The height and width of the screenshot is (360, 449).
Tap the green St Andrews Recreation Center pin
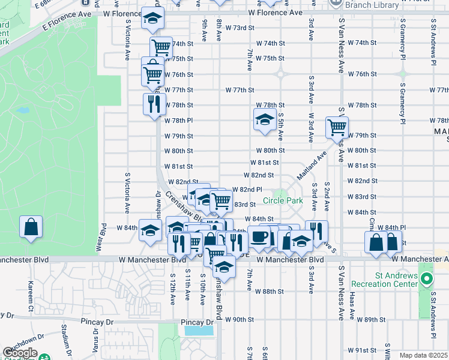coord(427,279)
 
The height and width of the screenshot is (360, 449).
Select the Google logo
coord(20,353)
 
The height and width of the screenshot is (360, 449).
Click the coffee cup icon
coord(259,236)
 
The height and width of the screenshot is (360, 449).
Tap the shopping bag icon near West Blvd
coord(31,227)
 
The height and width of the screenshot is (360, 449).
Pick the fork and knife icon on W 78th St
coord(154,103)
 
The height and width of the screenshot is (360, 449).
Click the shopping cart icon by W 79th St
coord(337,127)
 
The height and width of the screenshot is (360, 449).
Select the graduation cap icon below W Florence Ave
coord(153,18)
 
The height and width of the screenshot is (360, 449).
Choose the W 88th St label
coord(269,292)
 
